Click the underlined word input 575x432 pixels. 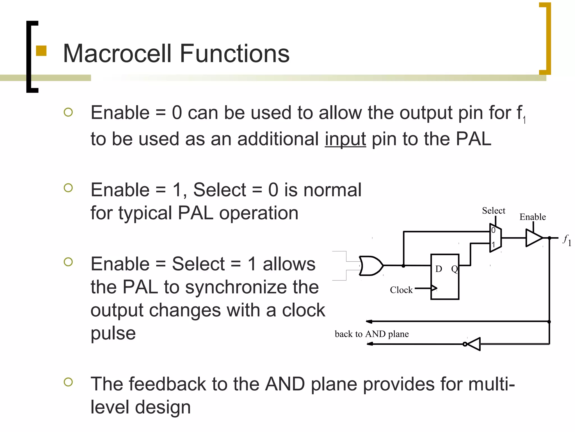point(345,139)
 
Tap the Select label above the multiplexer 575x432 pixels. point(493,211)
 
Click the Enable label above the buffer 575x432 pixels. point(532,217)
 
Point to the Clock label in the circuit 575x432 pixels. point(401,290)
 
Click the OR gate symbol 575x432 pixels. point(371,265)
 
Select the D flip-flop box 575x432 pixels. point(445,277)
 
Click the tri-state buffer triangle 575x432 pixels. point(533,238)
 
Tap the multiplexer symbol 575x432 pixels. point(496,238)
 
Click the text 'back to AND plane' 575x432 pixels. point(371,334)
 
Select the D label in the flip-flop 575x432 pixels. point(438,269)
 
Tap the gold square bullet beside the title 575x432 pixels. point(41,51)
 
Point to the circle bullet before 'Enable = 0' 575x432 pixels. point(68,112)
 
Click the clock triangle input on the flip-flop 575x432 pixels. point(434,288)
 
